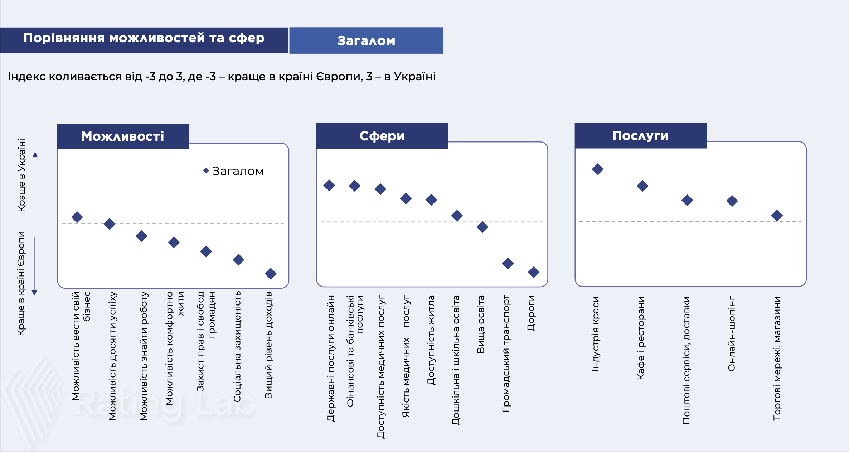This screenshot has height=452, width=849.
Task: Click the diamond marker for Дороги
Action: click(x=533, y=272)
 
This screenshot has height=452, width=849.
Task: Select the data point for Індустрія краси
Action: click(x=597, y=169)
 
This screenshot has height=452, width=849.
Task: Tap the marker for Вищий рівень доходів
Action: click(x=271, y=274)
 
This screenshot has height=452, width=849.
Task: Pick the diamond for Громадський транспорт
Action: click(x=508, y=264)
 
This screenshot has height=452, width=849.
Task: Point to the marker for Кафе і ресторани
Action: click(x=642, y=186)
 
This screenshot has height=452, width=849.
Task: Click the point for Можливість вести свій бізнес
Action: click(x=77, y=217)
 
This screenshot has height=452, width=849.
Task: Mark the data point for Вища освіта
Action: click(x=482, y=227)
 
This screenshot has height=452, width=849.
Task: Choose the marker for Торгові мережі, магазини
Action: click(x=777, y=215)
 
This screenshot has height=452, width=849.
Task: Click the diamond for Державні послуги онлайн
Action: click(x=329, y=185)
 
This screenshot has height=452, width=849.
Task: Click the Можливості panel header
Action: click(x=123, y=136)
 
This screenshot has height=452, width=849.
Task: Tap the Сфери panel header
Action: click(x=382, y=136)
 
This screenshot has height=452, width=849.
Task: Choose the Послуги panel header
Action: click(x=640, y=136)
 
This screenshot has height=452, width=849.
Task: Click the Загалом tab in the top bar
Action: click(x=366, y=40)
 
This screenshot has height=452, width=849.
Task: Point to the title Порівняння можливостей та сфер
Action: click(x=144, y=38)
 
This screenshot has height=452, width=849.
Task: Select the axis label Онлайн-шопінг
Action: click(x=732, y=333)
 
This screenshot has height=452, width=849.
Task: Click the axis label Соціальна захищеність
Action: click(x=237, y=346)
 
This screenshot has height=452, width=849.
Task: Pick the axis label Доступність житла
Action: click(x=431, y=340)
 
